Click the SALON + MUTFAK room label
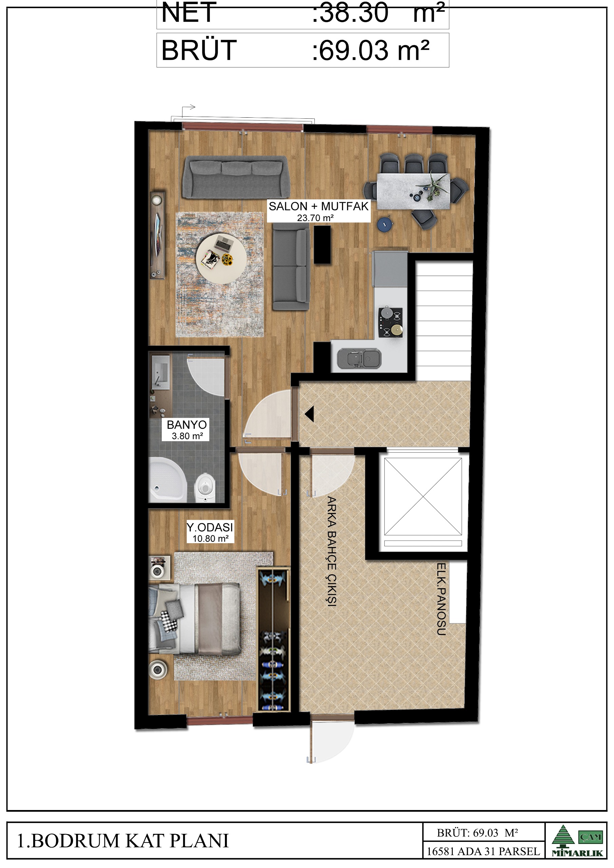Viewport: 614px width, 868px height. (x=319, y=211)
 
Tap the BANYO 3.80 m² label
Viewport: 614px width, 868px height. (x=187, y=430)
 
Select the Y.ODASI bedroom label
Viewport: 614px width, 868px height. (x=210, y=532)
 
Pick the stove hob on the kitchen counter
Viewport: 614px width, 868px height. (x=391, y=322)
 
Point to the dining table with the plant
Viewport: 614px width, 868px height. (x=414, y=191)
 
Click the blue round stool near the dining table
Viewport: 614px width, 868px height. (x=385, y=224)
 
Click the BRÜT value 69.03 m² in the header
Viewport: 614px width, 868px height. (x=371, y=51)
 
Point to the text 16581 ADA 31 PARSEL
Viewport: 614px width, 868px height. (x=483, y=851)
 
